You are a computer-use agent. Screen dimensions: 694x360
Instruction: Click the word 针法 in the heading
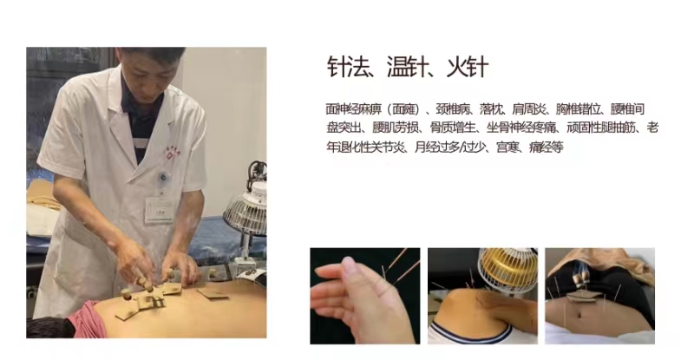pyautogui.click(x=348, y=67)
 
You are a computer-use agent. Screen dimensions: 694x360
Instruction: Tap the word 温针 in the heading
pyautogui.click(x=408, y=67)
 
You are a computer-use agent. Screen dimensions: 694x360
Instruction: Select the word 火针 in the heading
pyautogui.click(x=468, y=67)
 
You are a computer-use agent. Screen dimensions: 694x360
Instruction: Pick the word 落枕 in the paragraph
pyautogui.click(x=490, y=109)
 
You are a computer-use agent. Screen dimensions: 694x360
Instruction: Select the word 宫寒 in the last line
pyautogui.click(x=507, y=147)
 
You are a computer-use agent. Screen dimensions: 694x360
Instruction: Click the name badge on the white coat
pyautogui.click(x=159, y=209)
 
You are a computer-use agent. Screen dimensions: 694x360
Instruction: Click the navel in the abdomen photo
pyautogui.click(x=579, y=316)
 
